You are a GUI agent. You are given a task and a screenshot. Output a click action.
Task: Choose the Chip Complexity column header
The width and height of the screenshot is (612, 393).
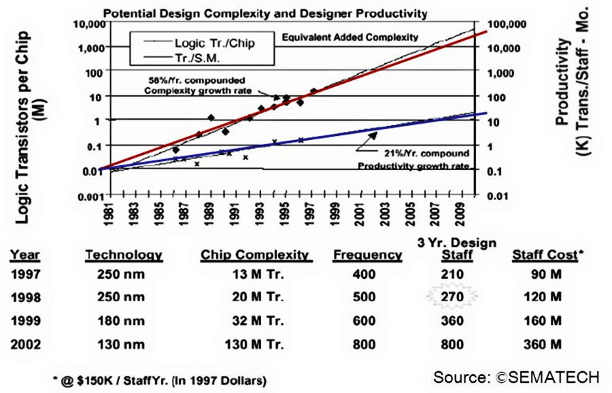coord(254,256)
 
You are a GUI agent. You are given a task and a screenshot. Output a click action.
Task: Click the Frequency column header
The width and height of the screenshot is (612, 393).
coord(367,256)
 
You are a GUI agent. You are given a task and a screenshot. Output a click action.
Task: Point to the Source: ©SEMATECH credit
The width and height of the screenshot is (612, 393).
coord(516,376)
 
